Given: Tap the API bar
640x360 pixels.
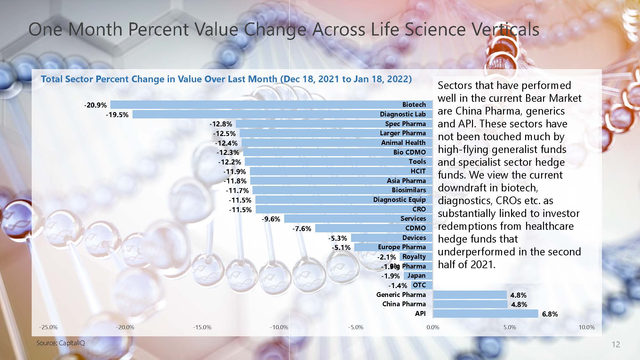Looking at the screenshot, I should pos(485,314).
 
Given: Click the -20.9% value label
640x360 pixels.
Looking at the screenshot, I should pos(95,105).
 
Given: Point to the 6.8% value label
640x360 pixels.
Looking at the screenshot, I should pos(550,314).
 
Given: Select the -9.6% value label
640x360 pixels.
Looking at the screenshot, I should pos(271,219).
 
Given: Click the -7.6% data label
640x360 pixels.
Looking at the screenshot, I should pos(302,229).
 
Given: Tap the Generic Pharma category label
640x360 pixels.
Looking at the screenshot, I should pos(401,295).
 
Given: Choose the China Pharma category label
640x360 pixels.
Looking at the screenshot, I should pos(404,304).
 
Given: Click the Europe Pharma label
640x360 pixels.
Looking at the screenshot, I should pos(402,247).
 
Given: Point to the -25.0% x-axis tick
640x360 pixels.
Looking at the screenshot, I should pos(48,327).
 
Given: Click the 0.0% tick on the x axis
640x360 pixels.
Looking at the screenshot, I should pos(433,327).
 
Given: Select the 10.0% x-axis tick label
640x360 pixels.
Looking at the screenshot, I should pos(587,327).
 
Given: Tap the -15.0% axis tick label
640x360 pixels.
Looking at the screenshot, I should pos(202,327).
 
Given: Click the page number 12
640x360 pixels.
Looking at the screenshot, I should pos(616,344).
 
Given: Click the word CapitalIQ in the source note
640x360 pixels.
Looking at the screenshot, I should pos(72,343).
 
